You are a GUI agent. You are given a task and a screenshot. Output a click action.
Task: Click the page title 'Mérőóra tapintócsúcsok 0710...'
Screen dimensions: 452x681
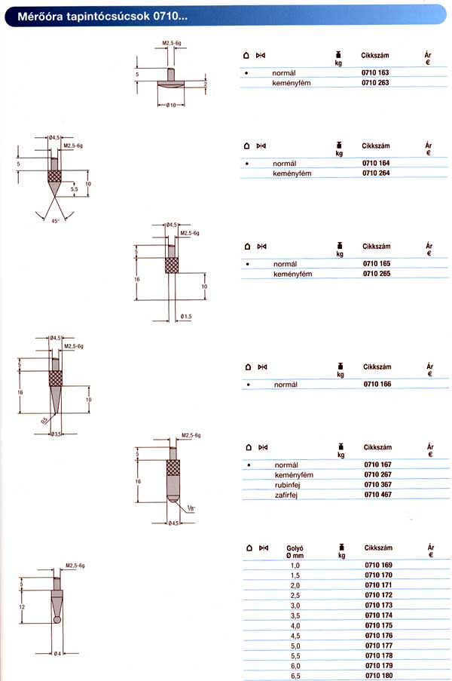(x=102, y=17)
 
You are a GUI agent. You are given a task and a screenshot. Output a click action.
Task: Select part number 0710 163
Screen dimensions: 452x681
(x=375, y=72)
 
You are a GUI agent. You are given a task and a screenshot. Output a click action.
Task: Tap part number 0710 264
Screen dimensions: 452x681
(x=376, y=173)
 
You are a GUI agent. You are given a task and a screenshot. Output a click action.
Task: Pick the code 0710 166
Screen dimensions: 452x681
(x=377, y=384)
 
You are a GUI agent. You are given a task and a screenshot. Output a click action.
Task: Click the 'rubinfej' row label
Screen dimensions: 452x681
(x=287, y=485)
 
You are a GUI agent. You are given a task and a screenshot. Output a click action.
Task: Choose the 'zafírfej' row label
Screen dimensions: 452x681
(x=286, y=495)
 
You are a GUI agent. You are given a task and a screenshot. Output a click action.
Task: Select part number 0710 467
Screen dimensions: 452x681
(x=378, y=494)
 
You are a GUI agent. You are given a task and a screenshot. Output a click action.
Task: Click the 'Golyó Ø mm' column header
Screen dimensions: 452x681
(x=295, y=551)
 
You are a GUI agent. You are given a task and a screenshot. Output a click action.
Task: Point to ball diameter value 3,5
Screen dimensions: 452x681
(x=295, y=615)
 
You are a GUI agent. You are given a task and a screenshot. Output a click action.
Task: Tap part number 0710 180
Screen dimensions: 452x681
(x=379, y=676)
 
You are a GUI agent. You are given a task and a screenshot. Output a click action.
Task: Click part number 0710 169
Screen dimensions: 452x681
(x=378, y=565)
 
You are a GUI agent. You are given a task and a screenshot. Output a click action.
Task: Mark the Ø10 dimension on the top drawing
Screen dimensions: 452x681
(x=171, y=105)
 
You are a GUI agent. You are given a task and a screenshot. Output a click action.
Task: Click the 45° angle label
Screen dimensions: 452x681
(x=55, y=221)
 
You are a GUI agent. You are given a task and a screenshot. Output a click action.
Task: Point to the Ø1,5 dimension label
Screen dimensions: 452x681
(x=185, y=317)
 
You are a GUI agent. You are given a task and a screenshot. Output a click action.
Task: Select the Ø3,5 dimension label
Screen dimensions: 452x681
(x=56, y=434)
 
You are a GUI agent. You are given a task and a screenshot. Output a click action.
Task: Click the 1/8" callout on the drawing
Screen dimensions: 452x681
(x=191, y=508)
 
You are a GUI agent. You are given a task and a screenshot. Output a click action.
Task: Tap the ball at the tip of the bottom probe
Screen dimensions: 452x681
(x=56, y=620)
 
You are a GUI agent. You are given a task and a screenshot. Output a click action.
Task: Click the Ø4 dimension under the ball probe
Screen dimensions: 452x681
(x=57, y=654)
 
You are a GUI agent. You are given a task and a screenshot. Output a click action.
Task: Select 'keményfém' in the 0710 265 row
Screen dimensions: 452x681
(x=292, y=274)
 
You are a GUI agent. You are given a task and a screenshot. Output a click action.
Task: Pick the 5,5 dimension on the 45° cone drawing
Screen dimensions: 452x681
(x=74, y=189)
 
